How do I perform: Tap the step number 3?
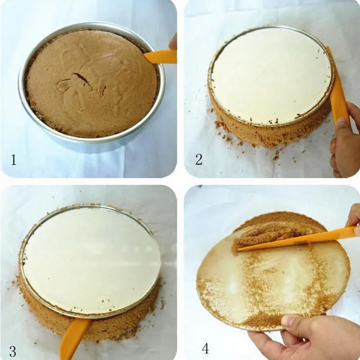click(13, 350)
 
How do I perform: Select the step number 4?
click(205, 348)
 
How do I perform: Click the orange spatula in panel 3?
click(74, 336)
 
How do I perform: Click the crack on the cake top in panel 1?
click(82, 79)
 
